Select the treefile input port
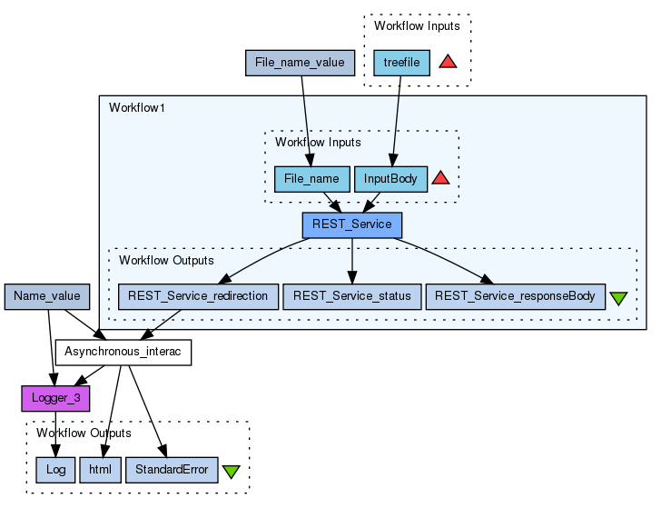point(401,63)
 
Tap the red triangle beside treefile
point(448,62)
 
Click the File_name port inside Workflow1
point(311,179)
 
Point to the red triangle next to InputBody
point(440,178)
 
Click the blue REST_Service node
point(351,224)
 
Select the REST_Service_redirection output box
point(198,296)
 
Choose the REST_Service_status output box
point(351,296)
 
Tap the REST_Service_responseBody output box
point(514,296)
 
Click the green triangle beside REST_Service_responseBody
point(619,298)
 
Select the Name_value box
point(47,296)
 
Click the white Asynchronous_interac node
point(123,353)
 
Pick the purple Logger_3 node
point(54,398)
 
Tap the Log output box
point(55,469)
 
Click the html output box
point(99,469)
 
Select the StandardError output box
point(172,469)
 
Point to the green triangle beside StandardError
point(231,472)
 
